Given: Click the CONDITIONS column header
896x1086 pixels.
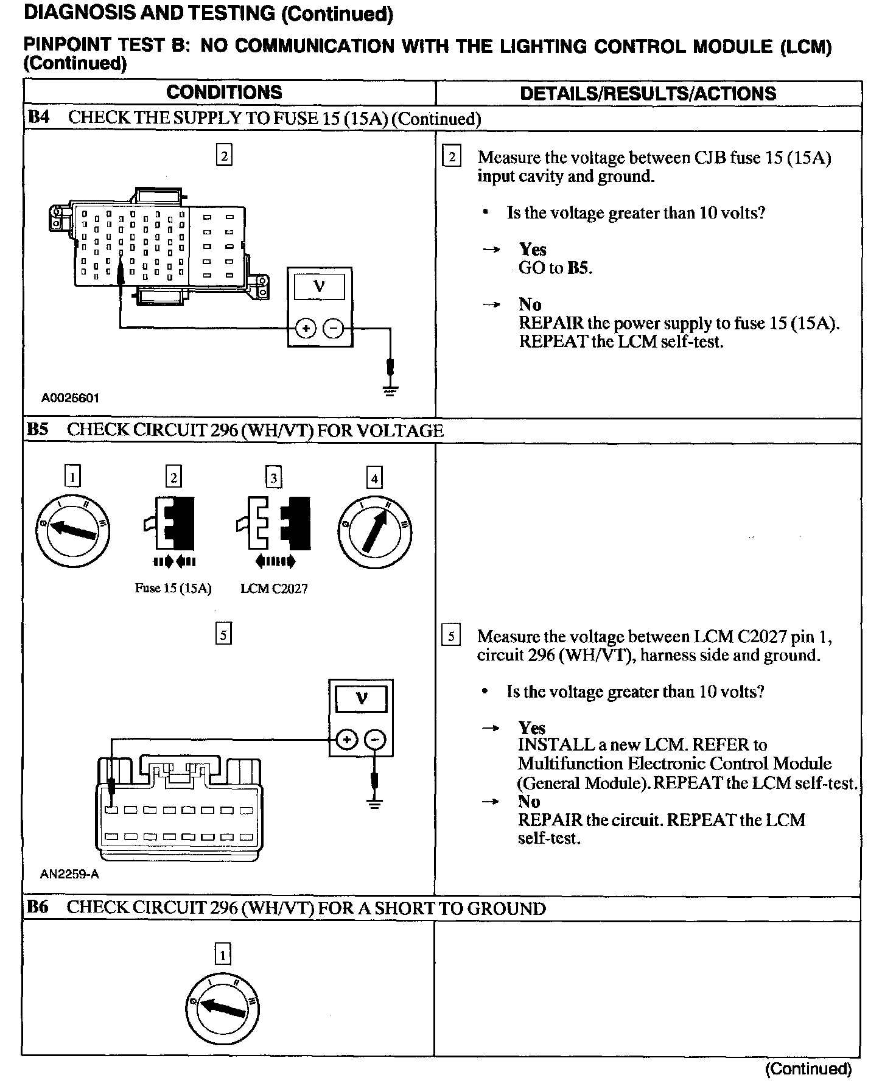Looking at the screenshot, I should click(x=224, y=93).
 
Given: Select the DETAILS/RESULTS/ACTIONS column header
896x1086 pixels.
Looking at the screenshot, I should click(x=648, y=93).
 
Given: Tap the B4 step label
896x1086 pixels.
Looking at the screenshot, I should click(x=38, y=117).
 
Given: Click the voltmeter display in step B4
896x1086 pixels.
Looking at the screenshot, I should click(x=319, y=286).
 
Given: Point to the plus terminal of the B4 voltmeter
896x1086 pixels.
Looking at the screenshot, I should click(x=306, y=329).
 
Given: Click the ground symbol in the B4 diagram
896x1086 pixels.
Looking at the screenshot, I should click(x=390, y=390).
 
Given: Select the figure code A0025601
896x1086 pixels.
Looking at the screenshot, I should click(x=70, y=398).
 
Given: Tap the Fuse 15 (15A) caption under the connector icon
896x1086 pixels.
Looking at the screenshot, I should click(x=173, y=589).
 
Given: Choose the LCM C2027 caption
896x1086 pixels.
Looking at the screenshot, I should click(x=274, y=589).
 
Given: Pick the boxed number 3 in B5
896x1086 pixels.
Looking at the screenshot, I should click(x=274, y=478).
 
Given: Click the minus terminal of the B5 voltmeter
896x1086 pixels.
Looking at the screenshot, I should click(x=376, y=740).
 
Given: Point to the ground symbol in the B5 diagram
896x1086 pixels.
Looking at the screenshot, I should click(x=375, y=803).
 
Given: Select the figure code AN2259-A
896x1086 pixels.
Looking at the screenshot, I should click(x=69, y=875).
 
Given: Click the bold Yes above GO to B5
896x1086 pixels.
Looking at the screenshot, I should click(x=532, y=249).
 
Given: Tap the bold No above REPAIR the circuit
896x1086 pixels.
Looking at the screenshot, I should click(x=528, y=801).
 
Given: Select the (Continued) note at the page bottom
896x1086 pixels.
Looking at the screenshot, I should click(x=808, y=1069).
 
